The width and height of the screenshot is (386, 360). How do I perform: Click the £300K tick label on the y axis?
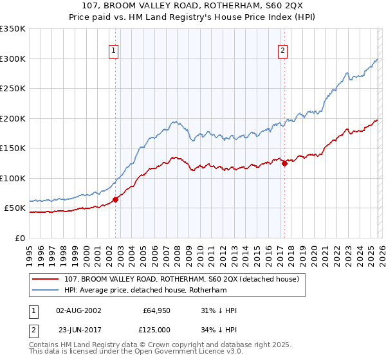pyautogui.click(x=12, y=59)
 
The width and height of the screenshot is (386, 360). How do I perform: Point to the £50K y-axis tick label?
pyautogui.click(x=15, y=208)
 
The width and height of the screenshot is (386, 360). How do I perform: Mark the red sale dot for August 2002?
pyautogui.click(x=116, y=199)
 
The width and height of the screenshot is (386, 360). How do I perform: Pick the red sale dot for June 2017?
pyautogui.click(x=284, y=163)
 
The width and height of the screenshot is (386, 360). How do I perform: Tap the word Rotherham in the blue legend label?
pyautogui.click(x=205, y=291)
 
